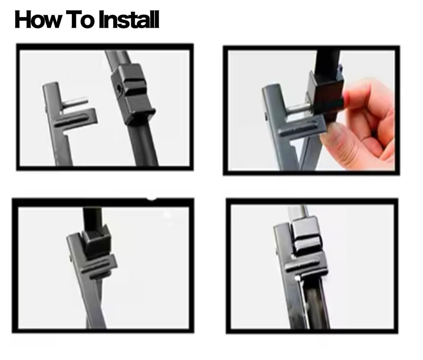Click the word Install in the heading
128,20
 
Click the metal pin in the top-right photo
298,108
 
